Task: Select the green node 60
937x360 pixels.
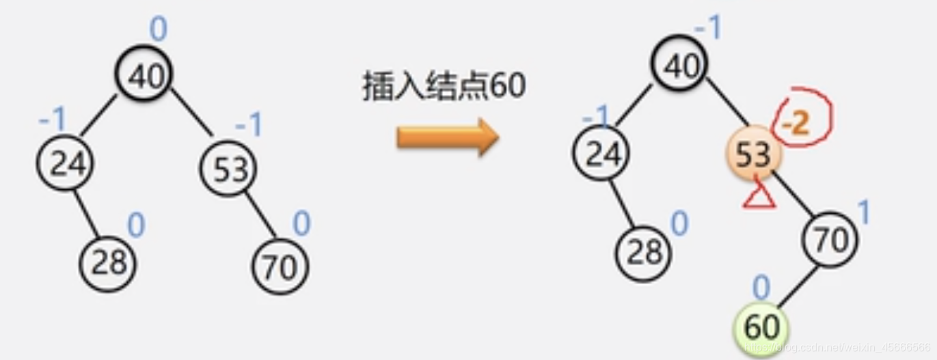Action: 761,327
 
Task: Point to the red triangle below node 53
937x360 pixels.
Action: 759,196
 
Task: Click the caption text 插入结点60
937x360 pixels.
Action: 444,87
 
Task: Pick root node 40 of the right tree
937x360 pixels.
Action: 679,66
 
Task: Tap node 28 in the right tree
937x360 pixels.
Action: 644,252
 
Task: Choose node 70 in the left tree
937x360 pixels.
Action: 280,266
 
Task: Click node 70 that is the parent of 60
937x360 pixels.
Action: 830,240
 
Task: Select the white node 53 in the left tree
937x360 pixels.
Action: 229,169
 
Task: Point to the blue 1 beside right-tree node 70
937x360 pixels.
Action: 864,214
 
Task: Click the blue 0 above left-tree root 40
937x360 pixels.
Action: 158,29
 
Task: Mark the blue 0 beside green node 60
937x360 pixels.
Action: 761,287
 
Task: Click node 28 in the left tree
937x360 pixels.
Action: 108,263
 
